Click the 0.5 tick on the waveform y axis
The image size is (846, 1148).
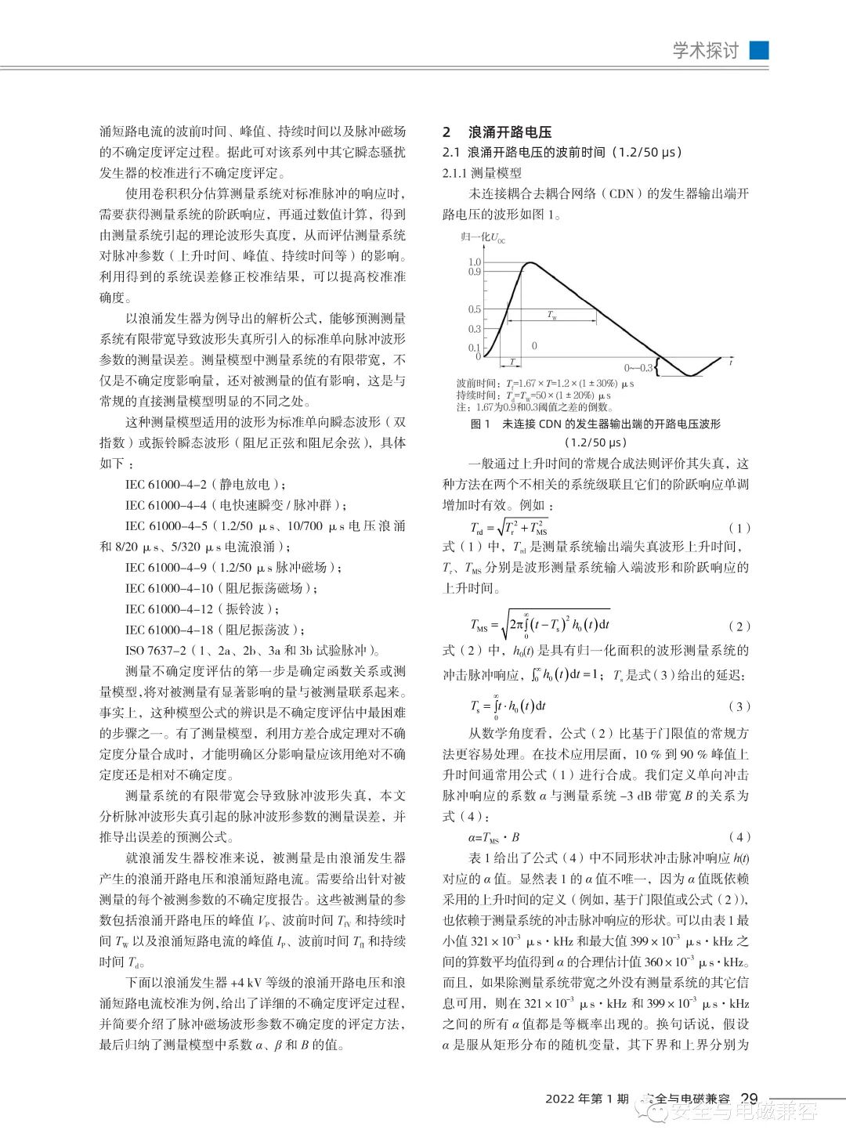pos(475,310)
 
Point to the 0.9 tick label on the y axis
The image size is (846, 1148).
pos(475,272)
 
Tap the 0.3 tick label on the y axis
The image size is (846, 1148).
pos(475,330)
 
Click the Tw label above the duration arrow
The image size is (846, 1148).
pos(551,316)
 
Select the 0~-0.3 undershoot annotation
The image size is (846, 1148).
pos(638,368)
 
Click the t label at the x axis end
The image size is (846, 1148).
pos(731,363)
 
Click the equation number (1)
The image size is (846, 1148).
pos(739,529)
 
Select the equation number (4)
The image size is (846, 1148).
pos(739,836)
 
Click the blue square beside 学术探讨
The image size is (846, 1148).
pos(759,50)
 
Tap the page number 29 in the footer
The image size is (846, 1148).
pos(750,1098)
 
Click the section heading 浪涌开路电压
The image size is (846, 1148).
pos(510,132)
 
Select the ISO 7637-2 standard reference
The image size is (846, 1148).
pos(156,650)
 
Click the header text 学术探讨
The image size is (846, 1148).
pos(705,51)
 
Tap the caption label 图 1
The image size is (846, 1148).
pos(479,424)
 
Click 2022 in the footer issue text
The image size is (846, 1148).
pos(561,1099)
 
